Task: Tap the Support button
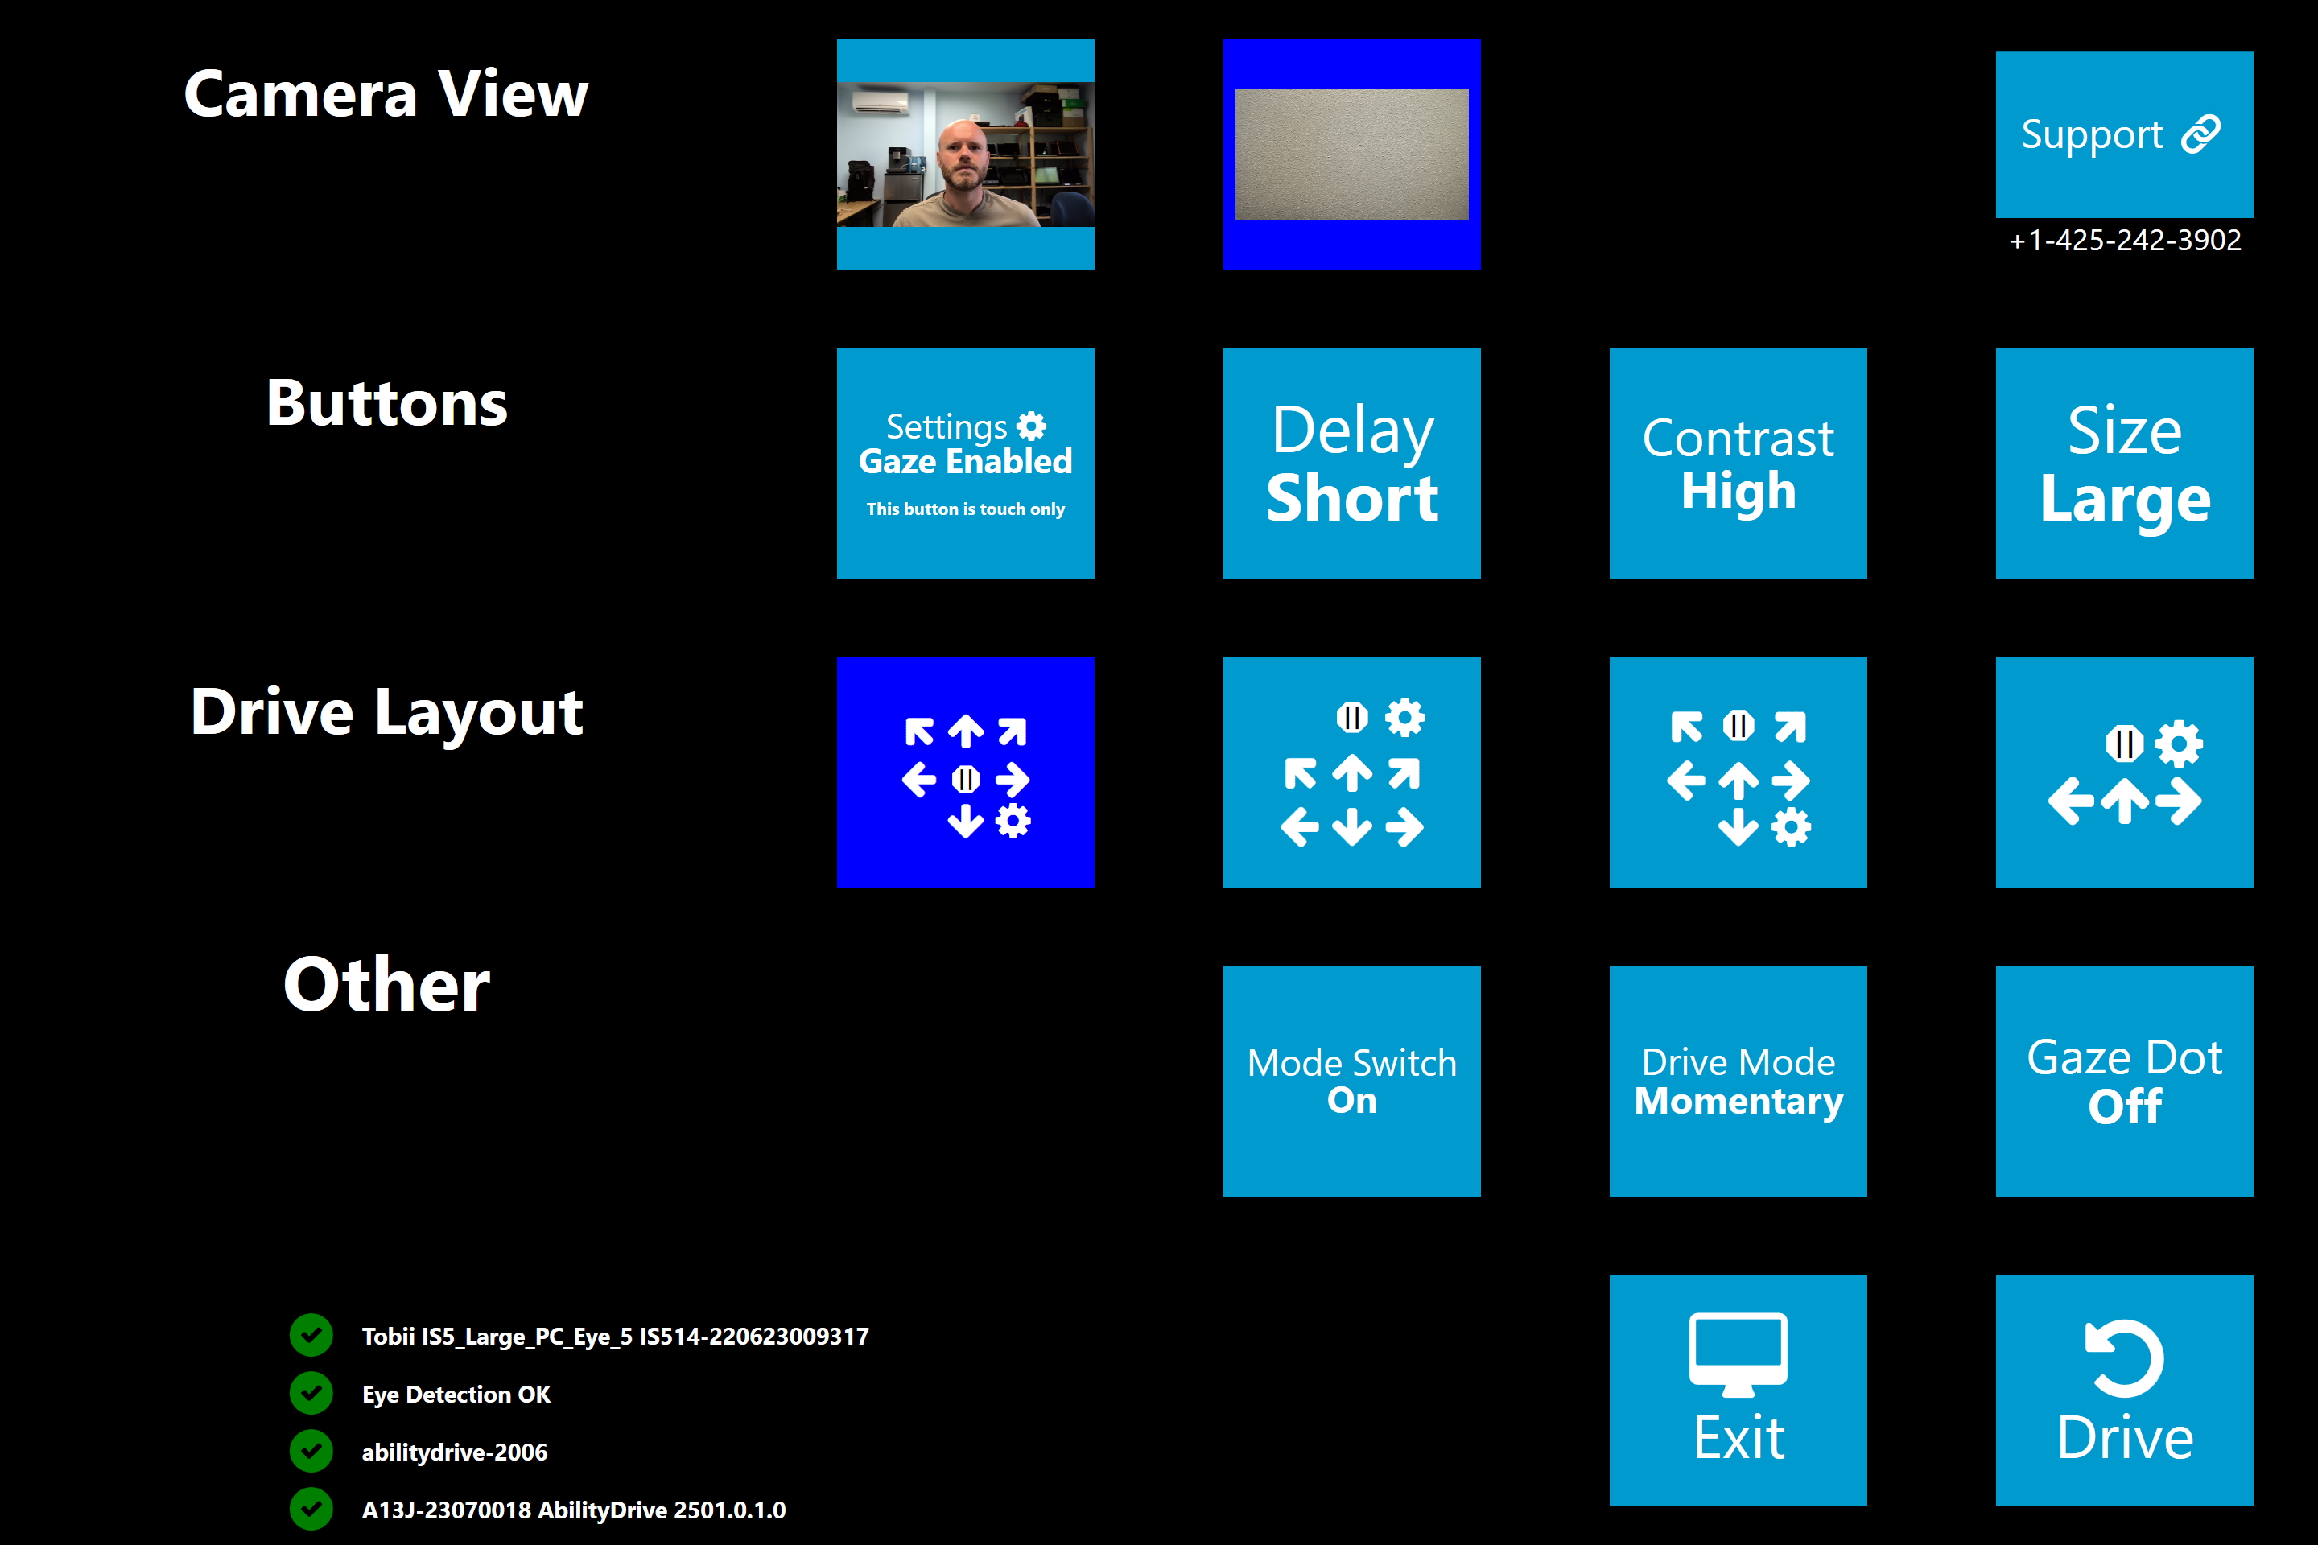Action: click(2124, 134)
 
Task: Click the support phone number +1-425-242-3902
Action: click(2124, 241)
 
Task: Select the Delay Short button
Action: click(1351, 463)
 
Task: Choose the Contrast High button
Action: click(1738, 463)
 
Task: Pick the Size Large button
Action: click(2124, 463)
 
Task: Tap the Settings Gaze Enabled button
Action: click(965, 463)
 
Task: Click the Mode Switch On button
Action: click(1351, 1081)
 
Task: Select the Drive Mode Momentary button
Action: click(1738, 1081)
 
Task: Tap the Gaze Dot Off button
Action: click(2124, 1081)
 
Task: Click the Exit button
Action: click(1738, 1390)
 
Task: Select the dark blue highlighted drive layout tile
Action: click(965, 772)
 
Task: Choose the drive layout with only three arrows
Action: click(2124, 772)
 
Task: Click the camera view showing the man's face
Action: click(965, 154)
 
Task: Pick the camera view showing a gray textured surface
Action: click(1351, 154)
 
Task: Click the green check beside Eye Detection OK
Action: click(311, 1393)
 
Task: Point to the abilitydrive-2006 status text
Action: click(454, 1452)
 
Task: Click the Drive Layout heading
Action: click(386, 711)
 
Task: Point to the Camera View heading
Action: click(386, 95)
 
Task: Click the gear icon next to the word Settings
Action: click(1031, 426)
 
